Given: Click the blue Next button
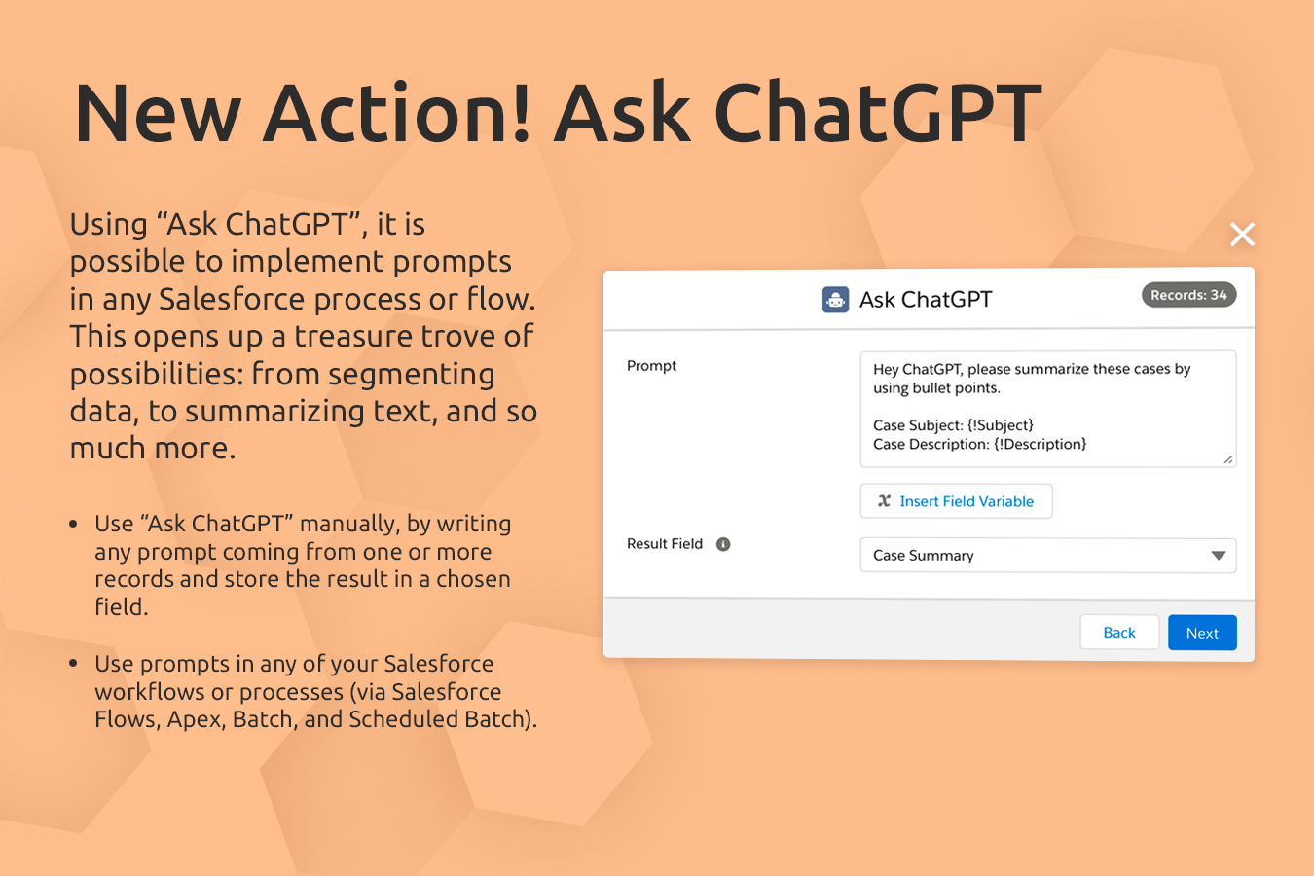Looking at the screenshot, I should coord(1202,633).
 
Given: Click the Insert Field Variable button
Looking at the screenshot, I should coord(956,501).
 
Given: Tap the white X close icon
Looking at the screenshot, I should coord(1242,234).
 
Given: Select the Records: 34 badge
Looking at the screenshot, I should coord(1188,295).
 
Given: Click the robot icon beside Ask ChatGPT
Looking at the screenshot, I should coord(835,300).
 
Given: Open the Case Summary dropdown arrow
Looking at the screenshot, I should coord(1218,556).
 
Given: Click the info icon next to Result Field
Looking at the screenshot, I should coord(723,544).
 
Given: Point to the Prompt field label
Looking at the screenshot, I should coord(651,366).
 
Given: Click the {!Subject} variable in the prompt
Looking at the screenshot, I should coord(1001,425).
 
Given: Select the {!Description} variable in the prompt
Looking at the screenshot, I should coord(1040,445).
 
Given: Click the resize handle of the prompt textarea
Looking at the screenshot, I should coord(1228,459).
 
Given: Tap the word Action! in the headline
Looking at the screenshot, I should coord(398,114).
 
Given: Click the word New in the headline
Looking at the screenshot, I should coord(157,114).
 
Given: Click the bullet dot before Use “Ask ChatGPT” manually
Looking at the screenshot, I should coord(73,525).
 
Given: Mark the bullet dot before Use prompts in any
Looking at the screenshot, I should coord(73,664).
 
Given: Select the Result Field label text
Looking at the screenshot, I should coord(665,544).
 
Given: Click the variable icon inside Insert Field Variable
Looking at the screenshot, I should coord(884,501).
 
